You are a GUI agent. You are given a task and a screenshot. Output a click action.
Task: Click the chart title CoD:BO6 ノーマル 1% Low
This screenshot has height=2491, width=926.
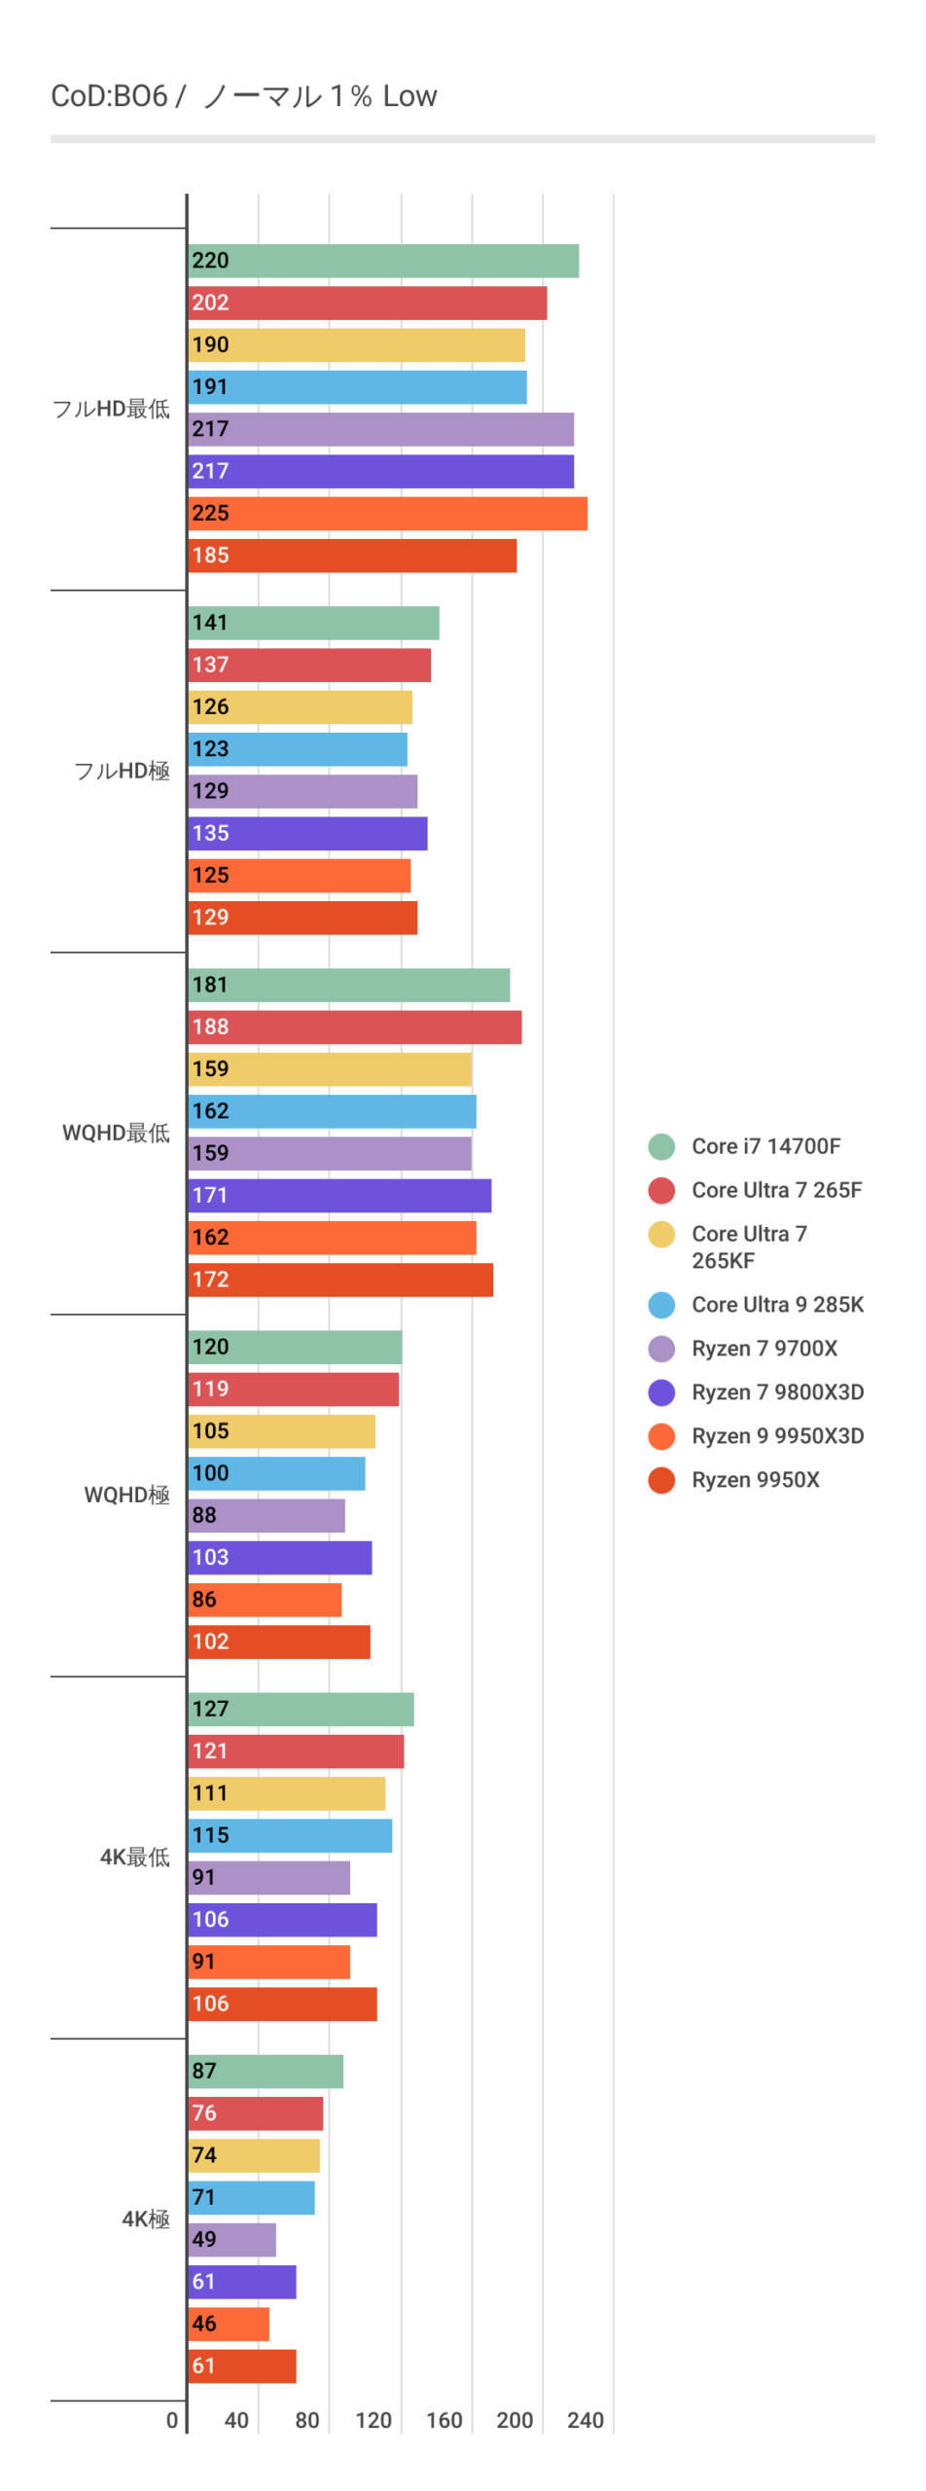point(244,96)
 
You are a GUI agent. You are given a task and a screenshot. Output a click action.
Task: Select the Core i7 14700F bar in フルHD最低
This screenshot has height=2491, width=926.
point(383,261)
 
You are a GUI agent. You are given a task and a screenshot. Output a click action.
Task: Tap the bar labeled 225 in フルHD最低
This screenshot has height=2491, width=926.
point(387,514)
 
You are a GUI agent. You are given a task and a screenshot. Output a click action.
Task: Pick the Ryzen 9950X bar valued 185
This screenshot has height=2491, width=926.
point(352,556)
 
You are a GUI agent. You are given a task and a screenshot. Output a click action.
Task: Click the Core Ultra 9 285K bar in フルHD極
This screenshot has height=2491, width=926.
point(298,749)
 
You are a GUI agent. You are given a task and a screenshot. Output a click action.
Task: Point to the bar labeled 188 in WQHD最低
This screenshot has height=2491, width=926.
point(355,1028)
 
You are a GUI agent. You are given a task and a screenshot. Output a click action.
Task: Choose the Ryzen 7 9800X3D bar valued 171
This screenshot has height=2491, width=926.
point(339,1196)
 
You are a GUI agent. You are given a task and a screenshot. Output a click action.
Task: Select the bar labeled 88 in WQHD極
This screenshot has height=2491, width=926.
point(267,1516)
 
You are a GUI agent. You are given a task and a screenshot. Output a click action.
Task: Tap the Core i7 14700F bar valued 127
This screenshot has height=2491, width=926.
point(301,1710)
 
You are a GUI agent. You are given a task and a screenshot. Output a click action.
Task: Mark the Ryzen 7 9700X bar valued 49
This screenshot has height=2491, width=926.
point(231,2240)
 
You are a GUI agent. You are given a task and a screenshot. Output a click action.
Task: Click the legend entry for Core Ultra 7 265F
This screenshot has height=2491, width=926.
point(776,1190)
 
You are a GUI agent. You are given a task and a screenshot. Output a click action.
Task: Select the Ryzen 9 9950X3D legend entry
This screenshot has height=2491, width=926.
point(777,1436)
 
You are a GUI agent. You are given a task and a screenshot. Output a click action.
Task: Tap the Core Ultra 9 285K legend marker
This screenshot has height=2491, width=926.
point(661,1305)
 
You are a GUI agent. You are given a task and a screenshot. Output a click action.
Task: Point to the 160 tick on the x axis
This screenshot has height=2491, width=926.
point(445,2421)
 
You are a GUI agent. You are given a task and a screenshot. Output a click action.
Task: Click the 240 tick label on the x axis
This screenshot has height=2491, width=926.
point(586,2421)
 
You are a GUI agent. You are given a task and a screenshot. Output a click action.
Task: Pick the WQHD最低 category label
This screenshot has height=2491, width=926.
point(116,1133)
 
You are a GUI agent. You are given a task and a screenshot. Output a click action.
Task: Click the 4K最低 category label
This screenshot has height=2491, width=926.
point(134,1857)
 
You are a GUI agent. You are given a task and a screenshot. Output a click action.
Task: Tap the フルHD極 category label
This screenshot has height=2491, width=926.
point(122,771)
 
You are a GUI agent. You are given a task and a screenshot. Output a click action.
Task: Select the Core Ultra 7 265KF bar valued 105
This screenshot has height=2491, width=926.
point(281,1431)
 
